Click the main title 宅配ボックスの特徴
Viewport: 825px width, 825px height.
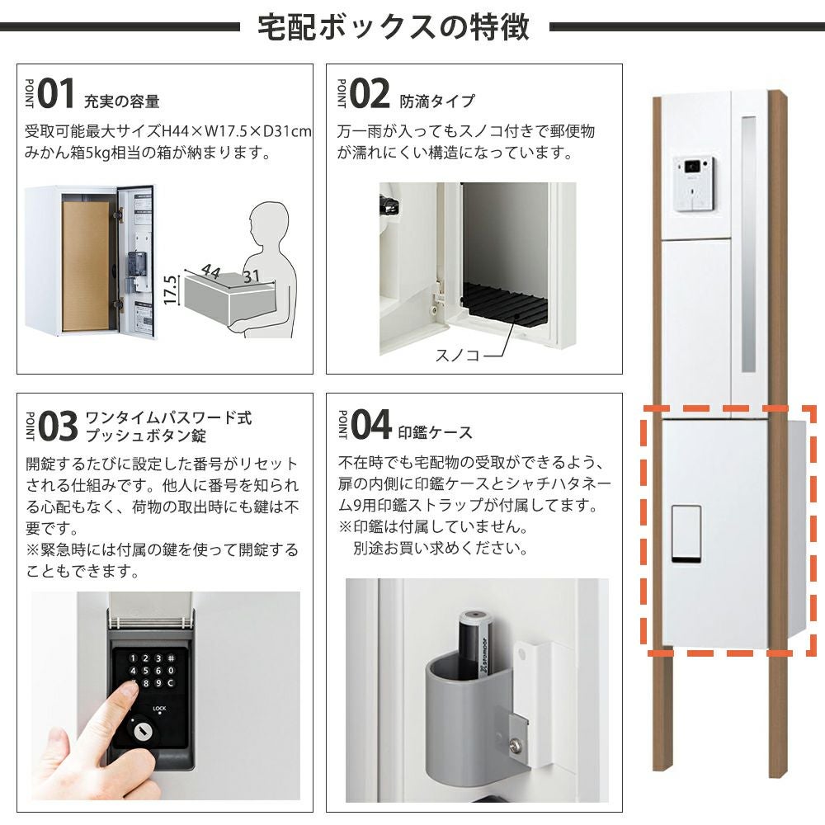click(x=393, y=27)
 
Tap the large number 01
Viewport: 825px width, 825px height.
click(x=56, y=94)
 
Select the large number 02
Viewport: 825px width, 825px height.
click(x=370, y=94)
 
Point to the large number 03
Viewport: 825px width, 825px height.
click(x=58, y=427)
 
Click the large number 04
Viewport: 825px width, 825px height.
click(x=371, y=424)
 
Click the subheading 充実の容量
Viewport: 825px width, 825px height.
click(x=121, y=101)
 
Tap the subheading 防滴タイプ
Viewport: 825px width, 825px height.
click(x=437, y=101)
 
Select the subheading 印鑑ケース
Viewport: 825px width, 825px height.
click(x=435, y=432)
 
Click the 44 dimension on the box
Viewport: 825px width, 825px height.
click(x=210, y=271)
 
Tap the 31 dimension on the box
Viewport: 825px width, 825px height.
click(x=252, y=276)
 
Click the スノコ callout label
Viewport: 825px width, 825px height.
click(x=457, y=355)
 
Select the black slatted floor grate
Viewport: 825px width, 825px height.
click(x=505, y=304)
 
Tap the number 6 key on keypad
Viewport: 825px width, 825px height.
click(x=158, y=671)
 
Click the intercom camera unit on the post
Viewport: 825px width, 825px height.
click(x=694, y=184)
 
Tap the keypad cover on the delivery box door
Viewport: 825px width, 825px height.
click(x=686, y=535)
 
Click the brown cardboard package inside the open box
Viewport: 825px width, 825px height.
click(x=86, y=266)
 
